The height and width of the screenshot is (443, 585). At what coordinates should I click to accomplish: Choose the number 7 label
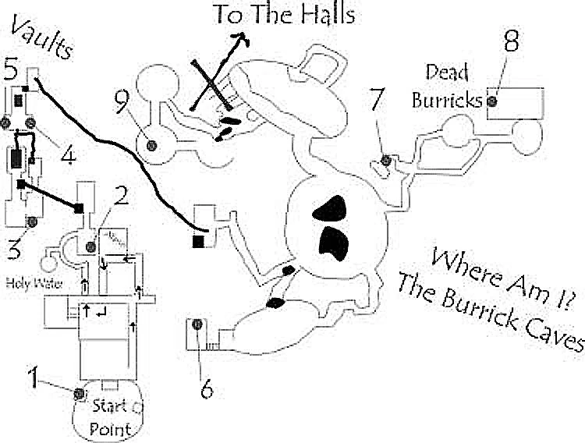coord(378,101)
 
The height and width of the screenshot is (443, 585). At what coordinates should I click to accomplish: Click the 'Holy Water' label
coord(29,281)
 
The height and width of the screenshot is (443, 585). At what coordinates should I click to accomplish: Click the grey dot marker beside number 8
coord(492,101)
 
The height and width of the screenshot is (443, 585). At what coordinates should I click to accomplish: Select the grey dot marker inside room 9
coord(153,143)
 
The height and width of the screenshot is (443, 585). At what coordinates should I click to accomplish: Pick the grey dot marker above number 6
coord(197,324)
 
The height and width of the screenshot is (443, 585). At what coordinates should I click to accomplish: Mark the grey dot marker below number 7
coord(385,161)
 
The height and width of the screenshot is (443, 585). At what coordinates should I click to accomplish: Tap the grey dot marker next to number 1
coord(80,393)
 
